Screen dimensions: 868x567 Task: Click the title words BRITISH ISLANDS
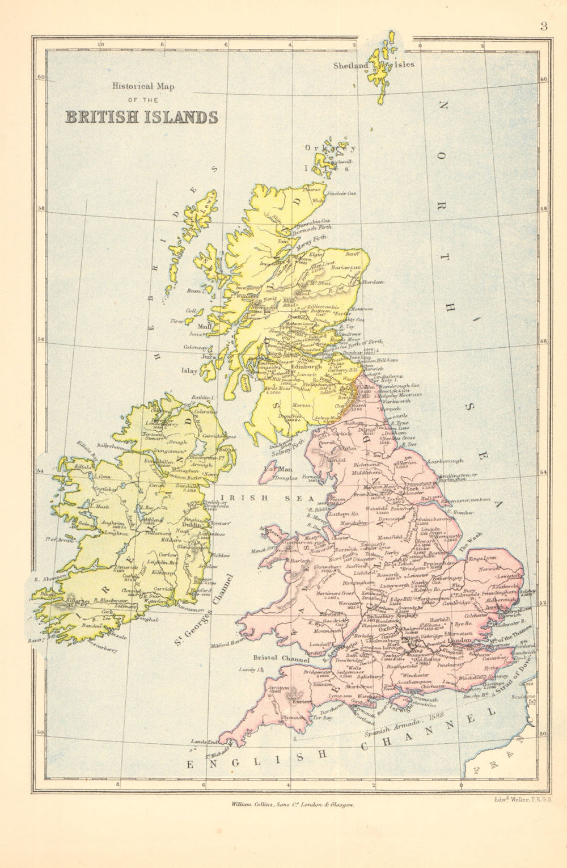pos(142,117)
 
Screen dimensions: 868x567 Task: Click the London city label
pos(457,641)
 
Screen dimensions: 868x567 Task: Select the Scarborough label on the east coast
pos(445,460)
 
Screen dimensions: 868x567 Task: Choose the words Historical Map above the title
pos(143,87)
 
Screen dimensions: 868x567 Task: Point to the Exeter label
pos(300,701)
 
